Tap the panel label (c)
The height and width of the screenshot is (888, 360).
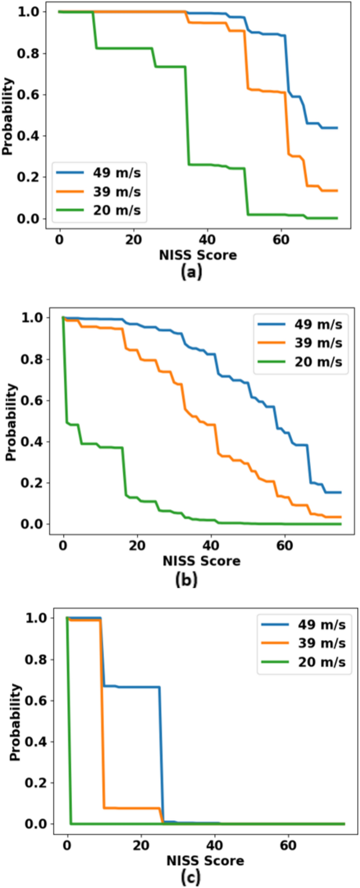pyautogui.click(x=190, y=877)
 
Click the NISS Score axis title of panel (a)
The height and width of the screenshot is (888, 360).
pyautogui.click(x=198, y=256)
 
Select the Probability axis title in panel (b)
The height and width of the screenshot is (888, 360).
pyautogui.click(x=12, y=422)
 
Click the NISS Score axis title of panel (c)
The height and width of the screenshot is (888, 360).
pyautogui.click(x=205, y=861)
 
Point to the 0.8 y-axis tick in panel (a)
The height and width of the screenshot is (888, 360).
pyautogui.click(x=28, y=53)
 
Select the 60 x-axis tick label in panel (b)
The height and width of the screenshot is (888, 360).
pyautogui.click(x=285, y=545)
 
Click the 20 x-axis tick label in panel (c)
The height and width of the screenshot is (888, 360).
pyautogui.click(x=141, y=845)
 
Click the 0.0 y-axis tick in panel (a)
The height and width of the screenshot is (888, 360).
pyautogui.click(x=28, y=218)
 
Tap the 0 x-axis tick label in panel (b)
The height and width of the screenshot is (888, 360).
pyautogui.click(x=63, y=545)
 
